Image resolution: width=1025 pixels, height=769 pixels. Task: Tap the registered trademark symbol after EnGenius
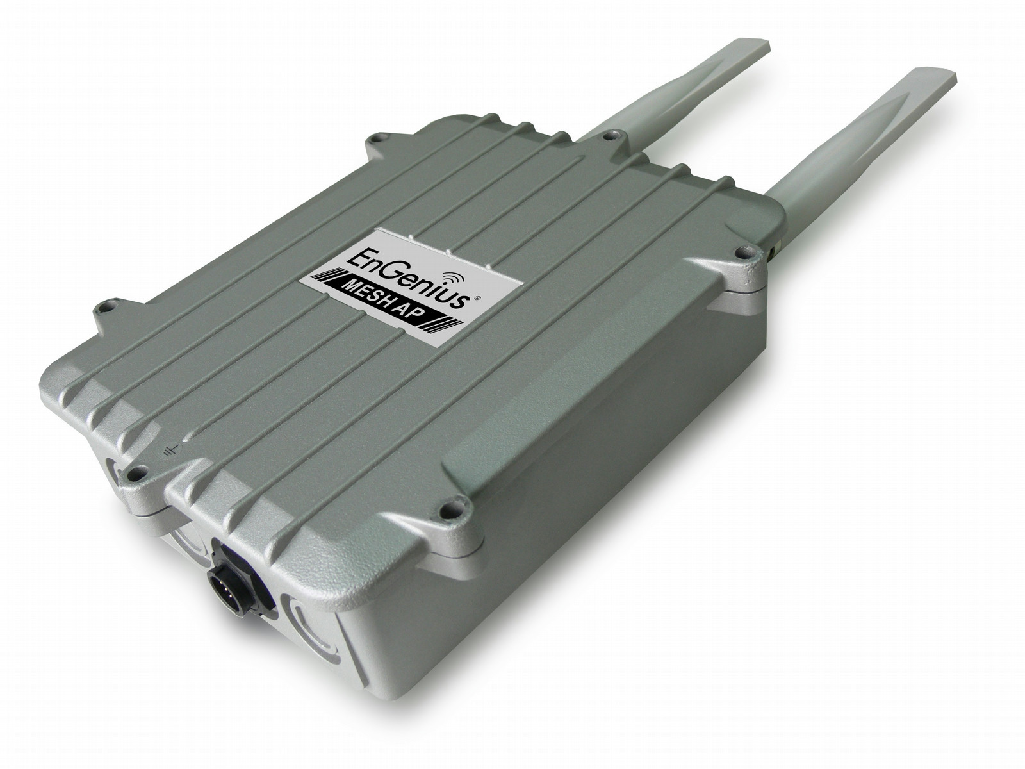(x=477, y=297)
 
